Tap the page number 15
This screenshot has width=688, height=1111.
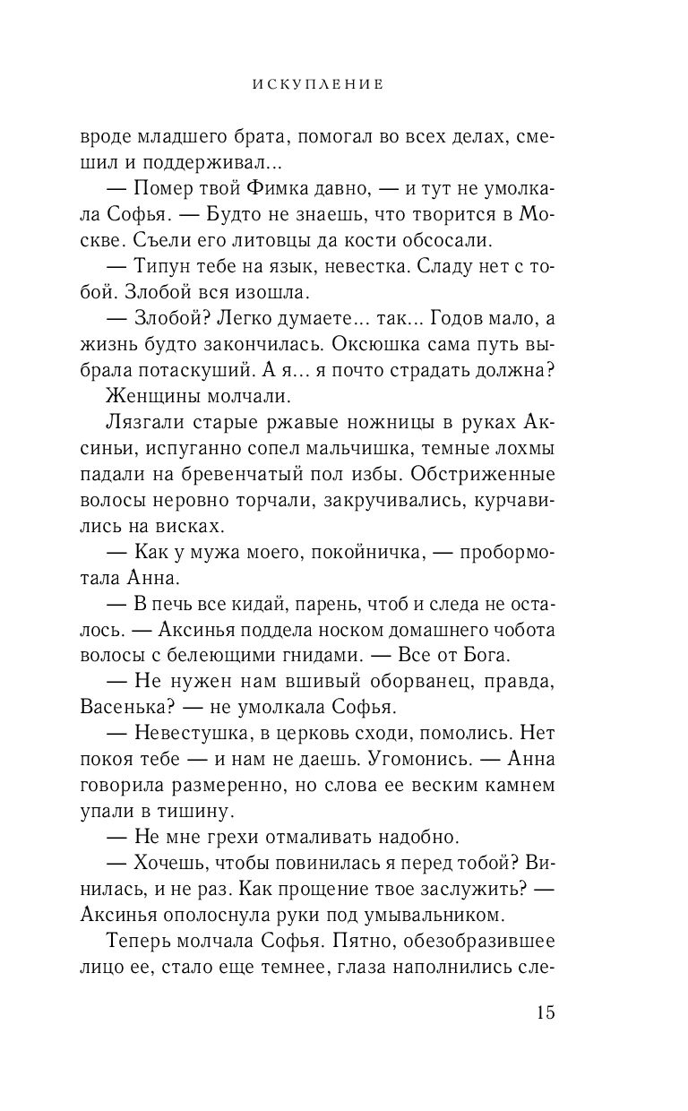pos(546,1013)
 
